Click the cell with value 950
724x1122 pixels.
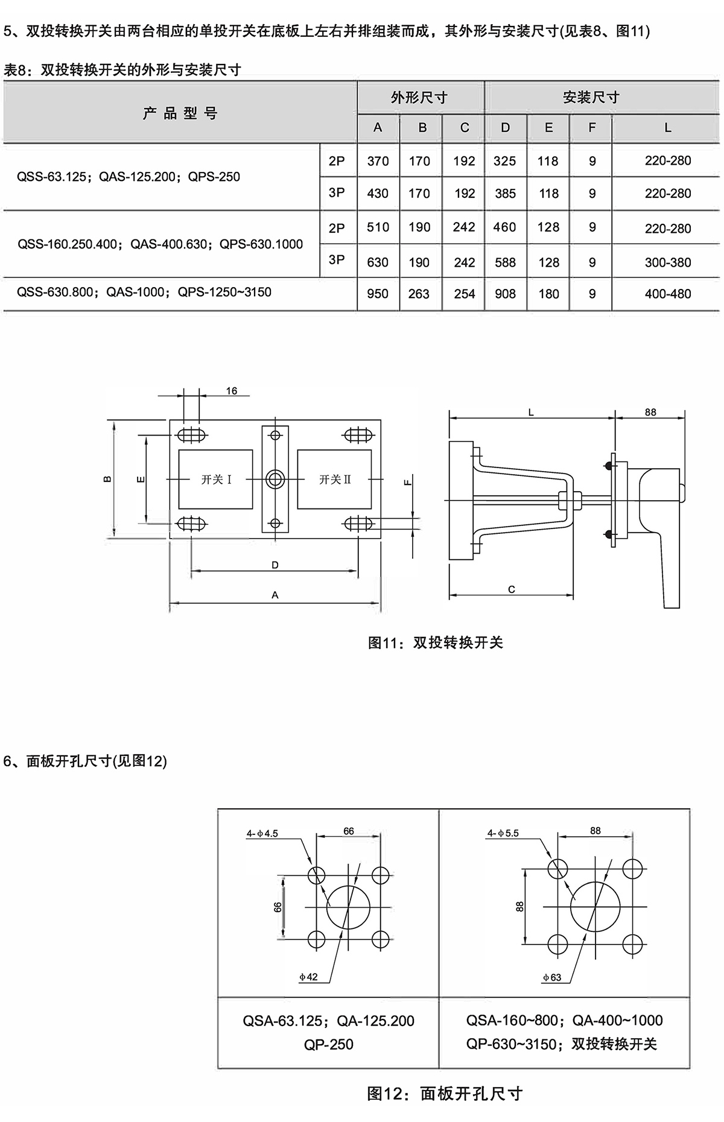378,294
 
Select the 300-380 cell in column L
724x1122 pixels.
667,262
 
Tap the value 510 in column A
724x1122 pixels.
378,227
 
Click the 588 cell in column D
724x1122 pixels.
505,262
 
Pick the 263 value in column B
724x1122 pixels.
419,294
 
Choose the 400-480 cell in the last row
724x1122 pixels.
667,294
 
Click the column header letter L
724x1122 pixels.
667,128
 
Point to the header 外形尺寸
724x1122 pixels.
419,97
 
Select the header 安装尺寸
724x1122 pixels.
591,97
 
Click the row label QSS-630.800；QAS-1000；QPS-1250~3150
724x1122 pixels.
144,293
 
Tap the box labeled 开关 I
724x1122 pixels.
216,480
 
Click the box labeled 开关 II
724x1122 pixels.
335,480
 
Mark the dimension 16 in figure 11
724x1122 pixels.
232,391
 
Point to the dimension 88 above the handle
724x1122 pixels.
650,413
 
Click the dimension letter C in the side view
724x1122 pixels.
512,589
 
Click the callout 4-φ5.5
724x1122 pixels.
503,833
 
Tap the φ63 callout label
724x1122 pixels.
551,977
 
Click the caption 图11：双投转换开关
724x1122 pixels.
435,643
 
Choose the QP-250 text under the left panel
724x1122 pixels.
328,1044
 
